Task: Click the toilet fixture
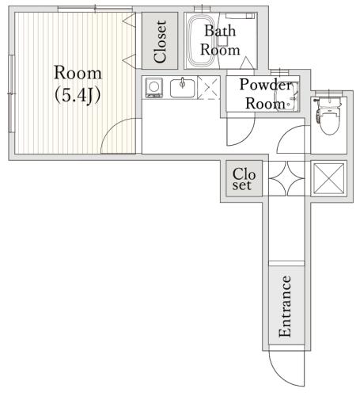pyautogui.click(x=328, y=116)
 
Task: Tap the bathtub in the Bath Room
pyautogui.click(x=202, y=40)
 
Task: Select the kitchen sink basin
pyautogui.click(x=182, y=88)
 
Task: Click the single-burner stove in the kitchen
pyautogui.click(x=153, y=88)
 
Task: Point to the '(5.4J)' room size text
pyautogui.click(x=78, y=95)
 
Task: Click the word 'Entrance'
pyautogui.click(x=285, y=307)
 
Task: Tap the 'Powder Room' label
pyautogui.click(x=266, y=93)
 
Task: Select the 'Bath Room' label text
pyautogui.click(x=220, y=40)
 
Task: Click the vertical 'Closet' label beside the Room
pyautogui.click(x=160, y=42)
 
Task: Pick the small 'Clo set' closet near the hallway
pyautogui.click(x=244, y=179)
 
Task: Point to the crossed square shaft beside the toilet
pyautogui.click(x=329, y=178)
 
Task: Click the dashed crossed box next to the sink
pyautogui.click(x=209, y=88)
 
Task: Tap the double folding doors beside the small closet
pyautogui.click(x=286, y=179)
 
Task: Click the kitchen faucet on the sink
pyautogui.click(x=182, y=82)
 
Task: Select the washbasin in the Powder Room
pyautogui.click(x=286, y=97)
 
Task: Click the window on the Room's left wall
pyautogui.click(x=11, y=93)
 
